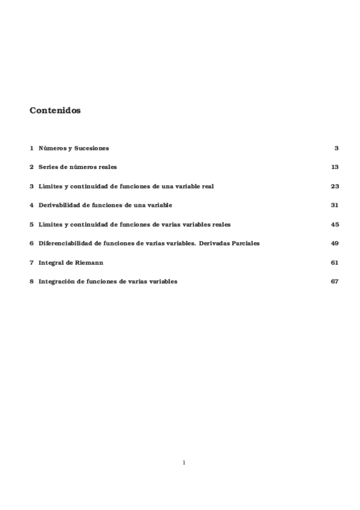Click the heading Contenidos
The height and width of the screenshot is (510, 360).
(x=55, y=111)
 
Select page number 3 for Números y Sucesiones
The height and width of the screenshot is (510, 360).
(x=337, y=148)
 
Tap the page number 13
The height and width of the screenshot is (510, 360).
(x=335, y=167)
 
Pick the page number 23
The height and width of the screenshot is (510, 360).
(x=335, y=186)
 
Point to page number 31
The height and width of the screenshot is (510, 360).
(x=335, y=205)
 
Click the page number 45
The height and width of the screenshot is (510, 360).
(x=335, y=224)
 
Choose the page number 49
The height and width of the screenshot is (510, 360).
(x=335, y=244)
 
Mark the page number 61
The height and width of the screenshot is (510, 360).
(x=335, y=263)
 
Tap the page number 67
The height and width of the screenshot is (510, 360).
(x=335, y=281)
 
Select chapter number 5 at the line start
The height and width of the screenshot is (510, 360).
(x=31, y=224)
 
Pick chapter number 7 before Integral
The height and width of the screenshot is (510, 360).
(x=31, y=263)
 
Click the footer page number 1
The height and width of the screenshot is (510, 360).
(x=184, y=462)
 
